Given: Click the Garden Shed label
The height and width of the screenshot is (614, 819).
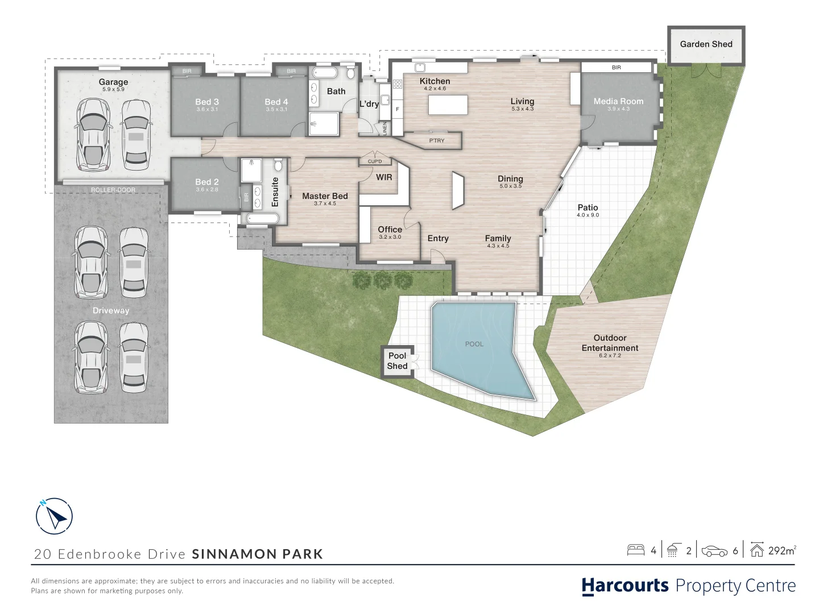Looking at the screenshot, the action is click(x=706, y=44).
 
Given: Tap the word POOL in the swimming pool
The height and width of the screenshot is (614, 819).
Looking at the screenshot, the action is click(x=474, y=344).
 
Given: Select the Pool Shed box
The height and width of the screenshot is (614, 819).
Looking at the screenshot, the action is click(x=398, y=362).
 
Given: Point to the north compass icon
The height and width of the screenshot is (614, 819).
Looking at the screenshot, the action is click(x=54, y=516).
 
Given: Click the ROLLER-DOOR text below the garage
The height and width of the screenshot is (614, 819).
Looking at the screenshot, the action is click(x=113, y=190).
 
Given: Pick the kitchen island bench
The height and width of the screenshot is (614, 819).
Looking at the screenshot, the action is click(x=448, y=105).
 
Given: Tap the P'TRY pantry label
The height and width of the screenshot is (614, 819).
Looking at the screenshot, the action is click(x=437, y=140).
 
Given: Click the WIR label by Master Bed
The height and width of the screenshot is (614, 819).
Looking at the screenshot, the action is click(x=384, y=177).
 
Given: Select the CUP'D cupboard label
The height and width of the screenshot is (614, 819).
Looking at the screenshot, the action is click(x=375, y=161).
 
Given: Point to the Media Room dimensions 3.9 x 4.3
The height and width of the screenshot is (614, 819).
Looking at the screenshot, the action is click(x=618, y=109).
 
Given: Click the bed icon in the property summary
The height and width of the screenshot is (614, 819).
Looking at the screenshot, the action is click(x=636, y=550).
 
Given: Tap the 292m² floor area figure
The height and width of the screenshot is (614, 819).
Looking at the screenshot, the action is click(x=782, y=550).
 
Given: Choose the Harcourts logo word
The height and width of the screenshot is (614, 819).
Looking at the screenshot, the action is click(x=626, y=586).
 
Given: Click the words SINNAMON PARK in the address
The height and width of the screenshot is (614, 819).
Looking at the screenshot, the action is click(x=258, y=554).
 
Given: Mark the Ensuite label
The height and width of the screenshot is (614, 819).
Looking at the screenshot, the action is click(x=275, y=192).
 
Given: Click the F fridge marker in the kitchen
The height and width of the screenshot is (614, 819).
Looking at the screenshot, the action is click(x=398, y=109).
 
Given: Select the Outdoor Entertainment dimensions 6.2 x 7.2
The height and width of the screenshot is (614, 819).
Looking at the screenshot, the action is click(x=610, y=355).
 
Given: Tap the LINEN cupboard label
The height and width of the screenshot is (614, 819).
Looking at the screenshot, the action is click(x=385, y=128).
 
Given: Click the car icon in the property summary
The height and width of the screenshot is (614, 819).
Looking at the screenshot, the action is click(x=714, y=551).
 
